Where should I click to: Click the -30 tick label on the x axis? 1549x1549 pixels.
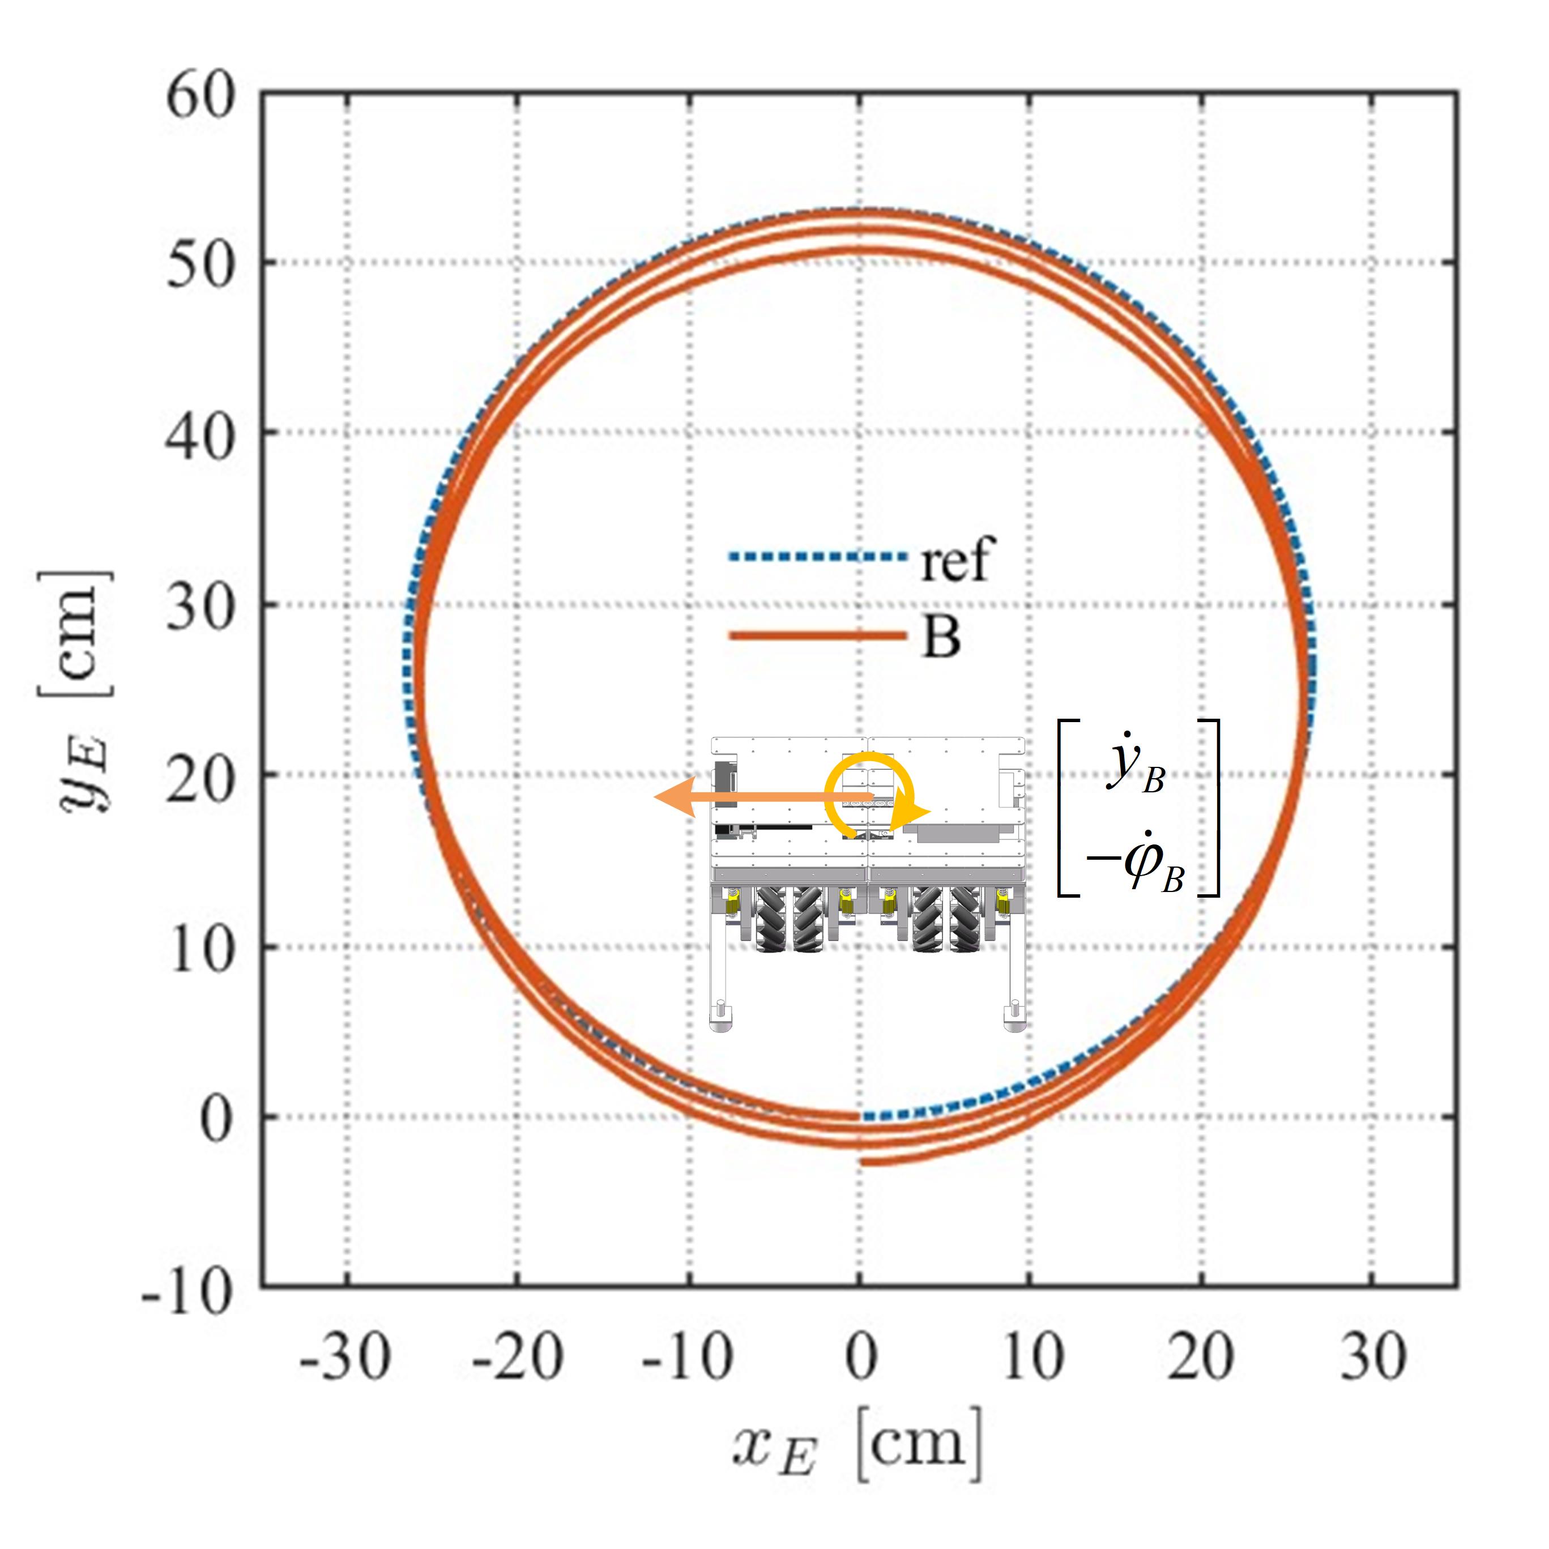(345, 1358)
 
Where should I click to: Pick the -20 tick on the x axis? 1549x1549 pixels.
(517, 1358)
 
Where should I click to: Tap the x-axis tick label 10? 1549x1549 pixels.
(1032, 1358)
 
